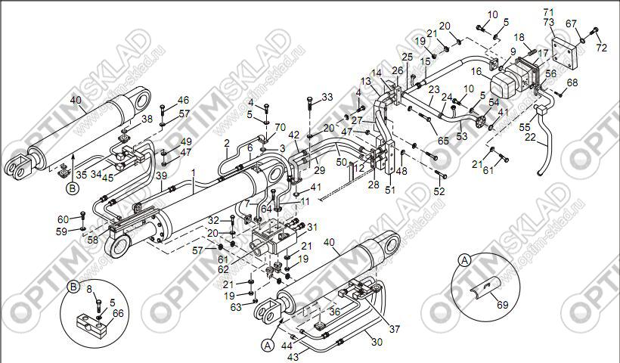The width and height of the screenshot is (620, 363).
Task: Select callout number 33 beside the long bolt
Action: click(x=327, y=97)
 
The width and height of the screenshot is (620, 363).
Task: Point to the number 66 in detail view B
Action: click(x=118, y=312)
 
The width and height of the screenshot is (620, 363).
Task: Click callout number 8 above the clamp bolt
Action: click(x=88, y=289)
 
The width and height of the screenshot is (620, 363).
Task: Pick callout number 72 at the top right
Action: click(x=601, y=48)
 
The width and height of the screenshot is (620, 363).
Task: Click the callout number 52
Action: click(x=439, y=191)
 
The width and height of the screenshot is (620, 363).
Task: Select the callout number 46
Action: click(x=184, y=101)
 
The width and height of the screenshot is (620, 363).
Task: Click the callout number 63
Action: click(x=237, y=306)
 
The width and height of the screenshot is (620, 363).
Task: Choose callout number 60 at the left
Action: click(x=63, y=219)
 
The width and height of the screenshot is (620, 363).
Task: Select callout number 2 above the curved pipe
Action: click(x=226, y=143)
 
